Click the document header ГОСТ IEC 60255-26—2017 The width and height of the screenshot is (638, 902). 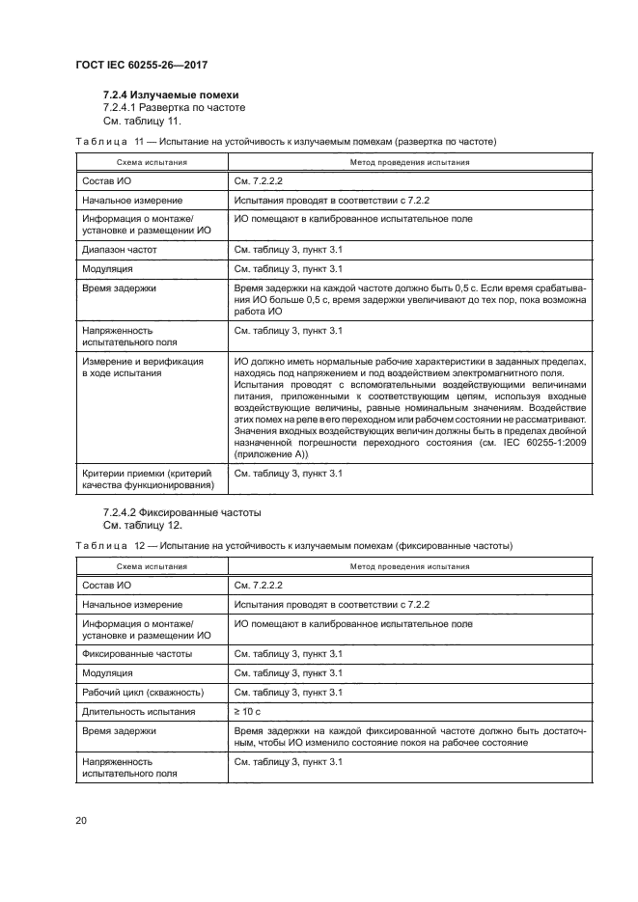[x=142, y=65]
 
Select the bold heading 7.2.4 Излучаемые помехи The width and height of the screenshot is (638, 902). [x=170, y=95]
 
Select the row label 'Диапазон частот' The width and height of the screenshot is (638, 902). [x=120, y=249]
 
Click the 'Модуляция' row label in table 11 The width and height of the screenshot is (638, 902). [x=107, y=268]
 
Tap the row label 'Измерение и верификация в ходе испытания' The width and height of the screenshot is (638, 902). [x=143, y=368]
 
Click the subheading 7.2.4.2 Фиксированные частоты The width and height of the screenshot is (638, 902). [x=182, y=511]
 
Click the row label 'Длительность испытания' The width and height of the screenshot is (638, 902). [x=140, y=711]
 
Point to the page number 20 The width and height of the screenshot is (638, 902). [x=81, y=820]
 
